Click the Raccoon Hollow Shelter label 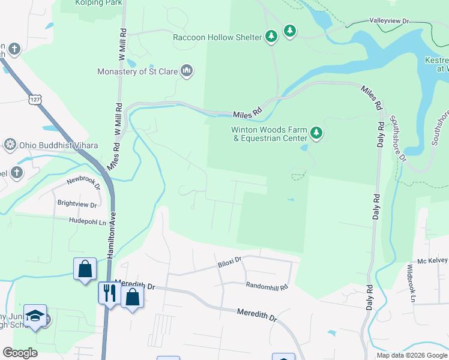pos(217,37)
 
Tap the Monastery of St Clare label pos(137,72)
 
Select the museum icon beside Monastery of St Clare pos(187,71)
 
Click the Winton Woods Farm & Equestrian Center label pos(270,134)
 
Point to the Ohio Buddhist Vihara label pos(49,145)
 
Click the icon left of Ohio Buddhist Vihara pos(10,145)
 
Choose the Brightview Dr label pos(77,205)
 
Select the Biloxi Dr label pos(229,260)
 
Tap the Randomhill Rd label pos(267,287)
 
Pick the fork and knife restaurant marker pos(109,293)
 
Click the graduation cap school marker pos(35,316)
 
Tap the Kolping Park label pos(99,3)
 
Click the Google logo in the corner pos(19,353)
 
